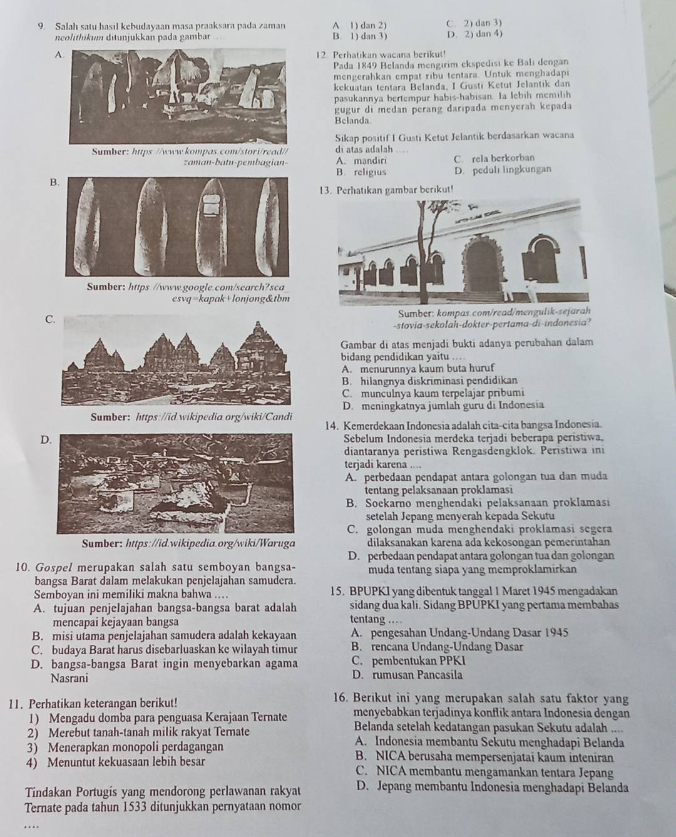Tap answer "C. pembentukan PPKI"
click(x=409, y=660)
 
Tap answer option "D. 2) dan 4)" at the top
click(x=474, y=34)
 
